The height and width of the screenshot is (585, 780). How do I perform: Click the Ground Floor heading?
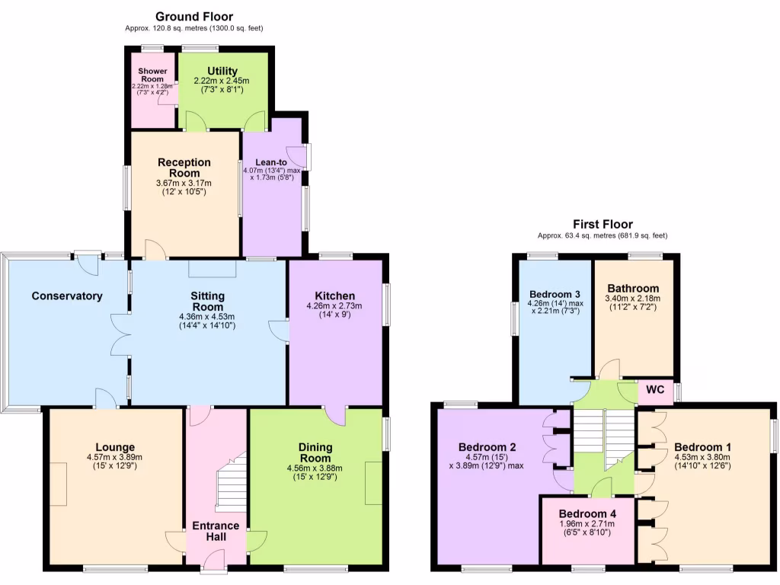pyautogui.click(x=194, y=16)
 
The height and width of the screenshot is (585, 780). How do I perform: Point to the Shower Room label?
pyautogui.click(x=152, y=75)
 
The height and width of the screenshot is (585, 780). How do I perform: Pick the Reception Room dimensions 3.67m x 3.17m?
pyautogui.click(x=184, y=183)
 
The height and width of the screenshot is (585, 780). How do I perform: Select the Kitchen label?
pyautogui.click(x=335, y=296)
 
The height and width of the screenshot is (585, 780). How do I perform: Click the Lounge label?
pyautogui.click(x=115, y=447)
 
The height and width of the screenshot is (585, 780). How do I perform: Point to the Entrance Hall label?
pyautogui.click(x=216, y=532)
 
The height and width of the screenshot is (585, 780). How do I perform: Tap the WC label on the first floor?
pyautogui.click(x=656, y=391)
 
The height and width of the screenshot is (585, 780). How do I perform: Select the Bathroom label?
pyautogui.click(x=633, y=288)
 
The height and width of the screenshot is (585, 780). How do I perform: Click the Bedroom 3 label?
pyautogui.click(x=554, y=294)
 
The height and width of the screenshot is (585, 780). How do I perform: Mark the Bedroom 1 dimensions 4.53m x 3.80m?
pyautogui.click(x=702, y=457)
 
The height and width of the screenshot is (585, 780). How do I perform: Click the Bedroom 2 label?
pyautogui.click(x=487, y=447)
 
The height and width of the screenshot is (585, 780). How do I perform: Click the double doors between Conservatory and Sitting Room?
pyautogui.click(x=121, y=334)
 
